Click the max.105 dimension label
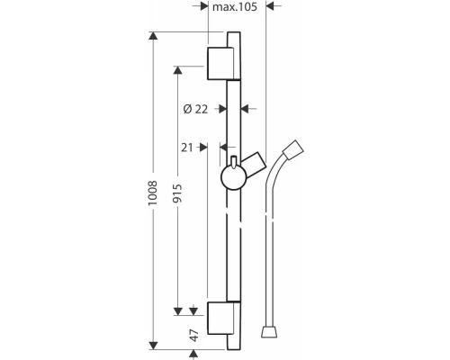click(x=235, y=6)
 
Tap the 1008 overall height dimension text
click(x=153, y=193)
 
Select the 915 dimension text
click(x=177, y=193)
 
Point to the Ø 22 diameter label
click(x=195, y=109)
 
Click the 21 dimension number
click(x=187, y=148)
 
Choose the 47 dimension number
click(x=194, y=336)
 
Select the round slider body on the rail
click(x=234, y=178)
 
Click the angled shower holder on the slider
click(x=254, y=165)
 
